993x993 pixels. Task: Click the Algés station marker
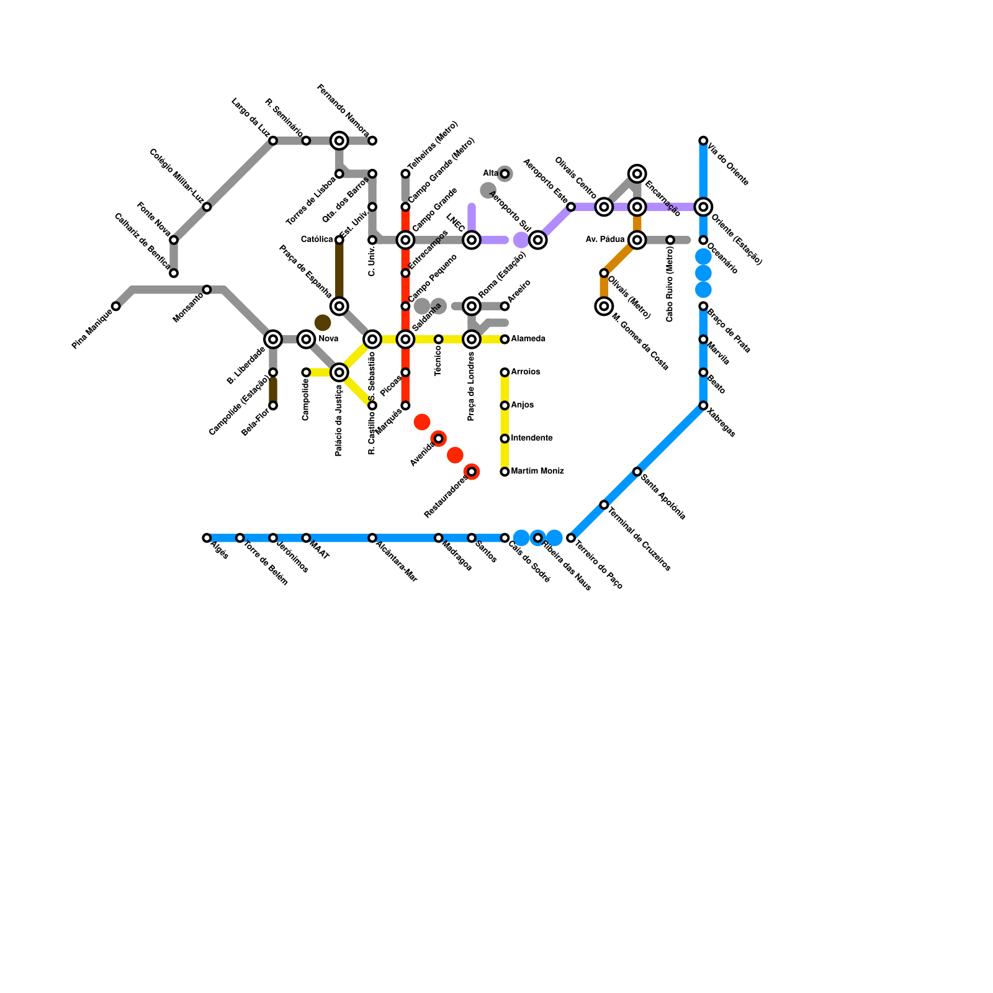[x=207, y=538]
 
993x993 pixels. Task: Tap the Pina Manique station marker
[x=116, y=306]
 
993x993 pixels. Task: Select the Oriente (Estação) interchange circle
[x=703, y=207]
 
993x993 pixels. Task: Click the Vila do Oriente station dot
[x=703, y=141]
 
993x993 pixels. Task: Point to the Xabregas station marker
[x=703, y=406]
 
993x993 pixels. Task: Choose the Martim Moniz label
[x=537, y=471]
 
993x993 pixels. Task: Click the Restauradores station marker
[x=472, y=472]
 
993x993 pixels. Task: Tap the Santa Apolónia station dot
[x=637, y=472]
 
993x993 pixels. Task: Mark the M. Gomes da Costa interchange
[x=604, y=306]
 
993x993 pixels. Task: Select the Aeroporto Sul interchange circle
[x=538, y=240]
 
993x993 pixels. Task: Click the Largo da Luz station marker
[x=273, y=141]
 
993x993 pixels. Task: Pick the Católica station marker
[x=339, y=240]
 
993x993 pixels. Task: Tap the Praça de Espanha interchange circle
[x=339, y=306]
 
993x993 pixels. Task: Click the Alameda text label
[x=528, y=339]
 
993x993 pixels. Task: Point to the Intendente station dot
[x=505, y=439]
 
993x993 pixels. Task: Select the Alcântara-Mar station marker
[x=372, y=538]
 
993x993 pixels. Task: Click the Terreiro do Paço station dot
[x=571, y=538]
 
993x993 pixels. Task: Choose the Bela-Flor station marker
[x=273, y=406]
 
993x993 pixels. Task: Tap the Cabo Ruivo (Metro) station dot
[x=670, y=240]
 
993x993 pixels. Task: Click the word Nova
[x=328, y=339]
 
